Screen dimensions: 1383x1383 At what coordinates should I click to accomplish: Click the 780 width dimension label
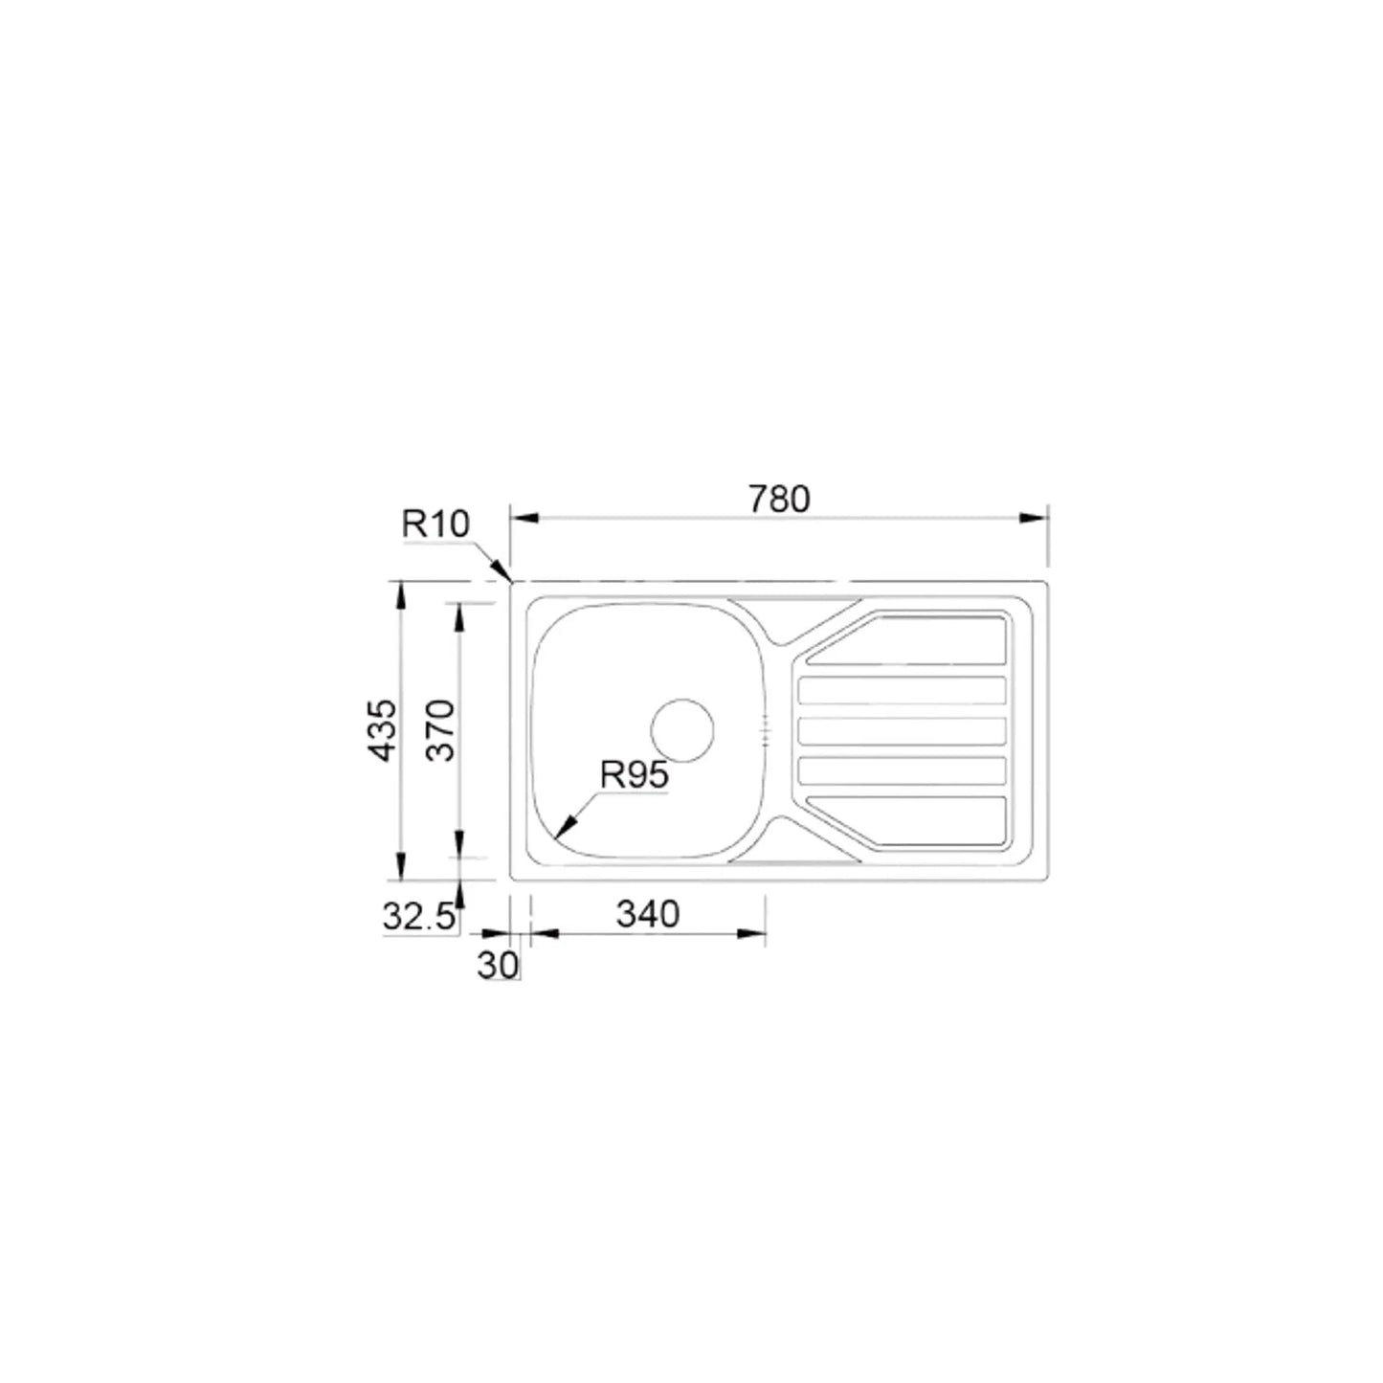(x=779, y=499)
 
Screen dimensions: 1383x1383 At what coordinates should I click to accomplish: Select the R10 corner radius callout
(x=435, y=524)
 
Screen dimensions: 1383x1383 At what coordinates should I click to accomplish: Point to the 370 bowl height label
(x=440, y=730)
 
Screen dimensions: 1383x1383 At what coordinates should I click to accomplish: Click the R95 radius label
(x=634, y=775)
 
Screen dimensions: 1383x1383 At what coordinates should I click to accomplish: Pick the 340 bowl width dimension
(x=647, y=914)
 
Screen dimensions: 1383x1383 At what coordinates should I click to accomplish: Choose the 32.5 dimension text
(x=419, y=917)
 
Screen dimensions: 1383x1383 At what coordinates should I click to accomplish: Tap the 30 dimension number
(x=498, y=966)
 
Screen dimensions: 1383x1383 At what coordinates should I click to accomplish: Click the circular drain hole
(x=681, y=730)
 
